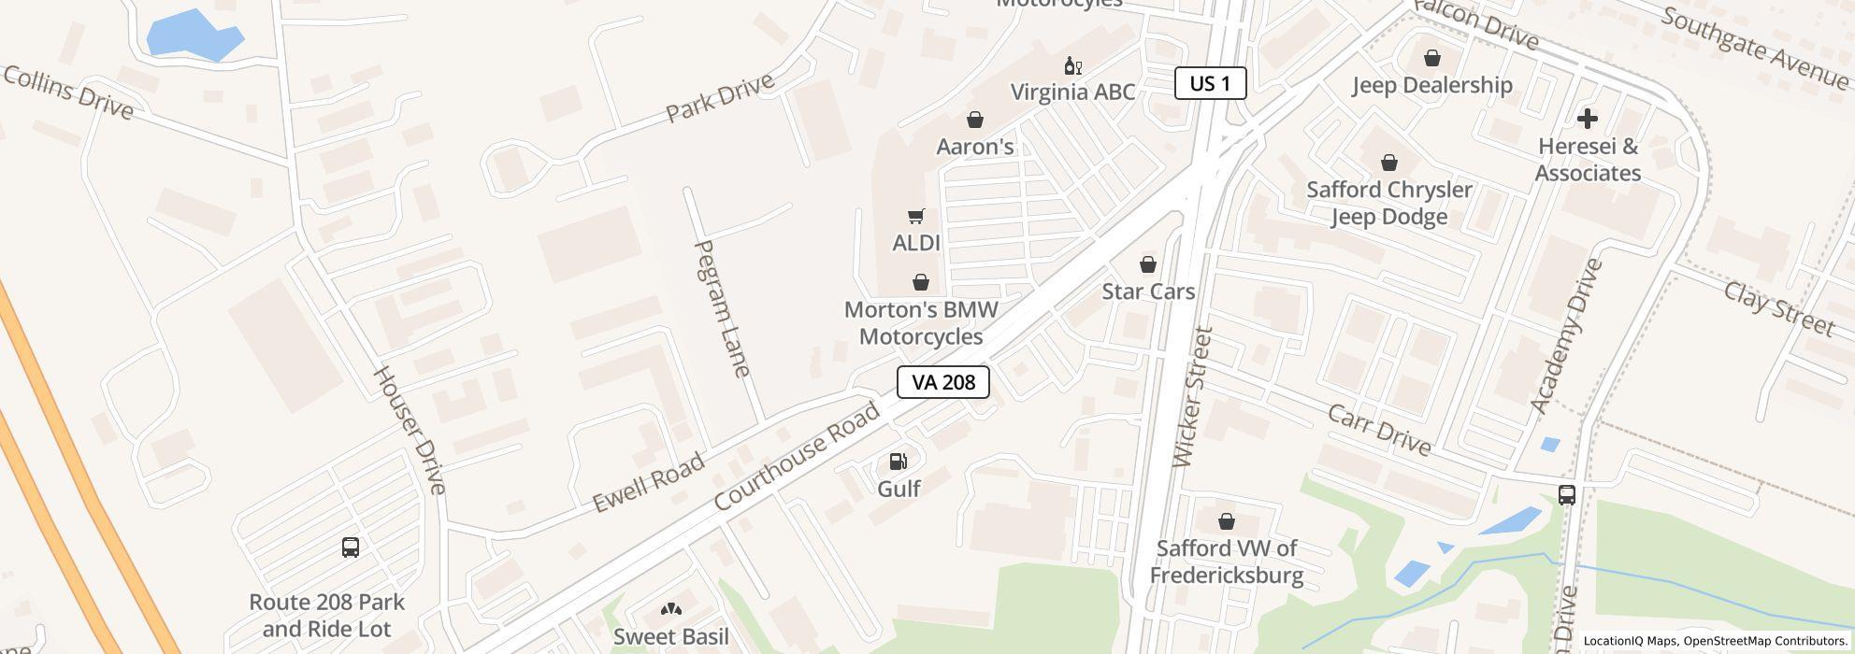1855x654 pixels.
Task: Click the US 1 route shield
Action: [x=1210, y=83]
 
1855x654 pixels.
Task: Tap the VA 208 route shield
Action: [x=942, y=382]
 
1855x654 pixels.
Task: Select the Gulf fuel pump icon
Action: [x=898, y=461]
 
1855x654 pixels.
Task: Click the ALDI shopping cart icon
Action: [x=916, y=217]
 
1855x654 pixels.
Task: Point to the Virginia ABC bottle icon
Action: [x=1072, y=65]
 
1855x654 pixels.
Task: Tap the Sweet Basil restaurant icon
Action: [x=670, y=610]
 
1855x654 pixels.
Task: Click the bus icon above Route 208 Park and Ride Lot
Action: [x=351, y=547]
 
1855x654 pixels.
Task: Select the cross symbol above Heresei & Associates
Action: [x=1587, y=119]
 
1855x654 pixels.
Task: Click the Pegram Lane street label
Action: [x=722, y=308]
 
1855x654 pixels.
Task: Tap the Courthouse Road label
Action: [x=797, y=456]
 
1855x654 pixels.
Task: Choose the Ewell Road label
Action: [x=648, y=484]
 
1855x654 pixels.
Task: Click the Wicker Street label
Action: [x=1192, y=396]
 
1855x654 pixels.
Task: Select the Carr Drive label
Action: [x=1379, y=431]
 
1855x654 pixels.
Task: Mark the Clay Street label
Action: [x=1778, y=308]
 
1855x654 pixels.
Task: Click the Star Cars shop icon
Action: [x=1147, y=264]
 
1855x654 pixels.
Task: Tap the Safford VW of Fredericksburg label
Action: [x=1226, y=562]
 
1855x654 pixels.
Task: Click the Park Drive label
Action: [x=720, y=96]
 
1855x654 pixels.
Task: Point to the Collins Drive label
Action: [x=68, y=92]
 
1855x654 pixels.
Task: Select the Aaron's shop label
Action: [x=975, y=147]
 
